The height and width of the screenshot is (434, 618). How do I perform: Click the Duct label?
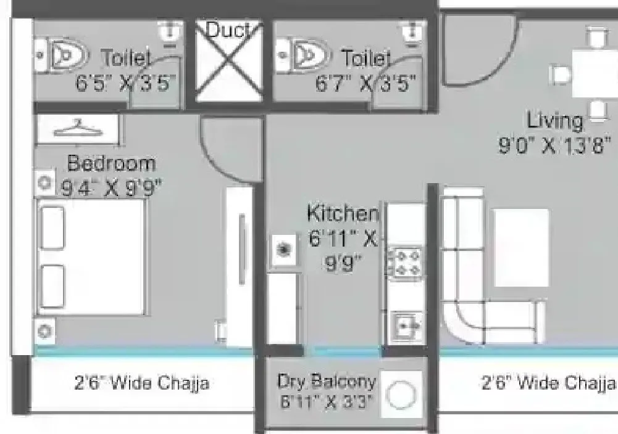pyautogui.click(x=228, y=30)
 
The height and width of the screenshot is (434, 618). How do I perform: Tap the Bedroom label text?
pyautogui.click(x=111, y=164)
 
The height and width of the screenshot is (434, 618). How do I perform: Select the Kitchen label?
pyautogui.click(x=343, y=214)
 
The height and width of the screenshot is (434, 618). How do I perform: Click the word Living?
pyautogui.click(x=554, y=121)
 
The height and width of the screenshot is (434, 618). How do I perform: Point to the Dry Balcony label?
pyautogui.click(x=327, y=382)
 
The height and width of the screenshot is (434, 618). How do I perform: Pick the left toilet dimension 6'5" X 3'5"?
pyautogui.click(x=123, y=83)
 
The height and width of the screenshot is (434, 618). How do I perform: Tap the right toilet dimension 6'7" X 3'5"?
pyautogui.click(x=365, y=83)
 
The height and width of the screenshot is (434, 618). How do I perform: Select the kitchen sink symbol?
pyautogui.click(x=406, y=325)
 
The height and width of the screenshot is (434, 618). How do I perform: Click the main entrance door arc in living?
pyautogui.click(x=475, y=52)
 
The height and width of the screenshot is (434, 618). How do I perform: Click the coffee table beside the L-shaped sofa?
pyautogui.click(x=521, y=247)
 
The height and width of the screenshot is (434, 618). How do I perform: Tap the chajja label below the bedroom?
pyautogui.click(x=141, y=383)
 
